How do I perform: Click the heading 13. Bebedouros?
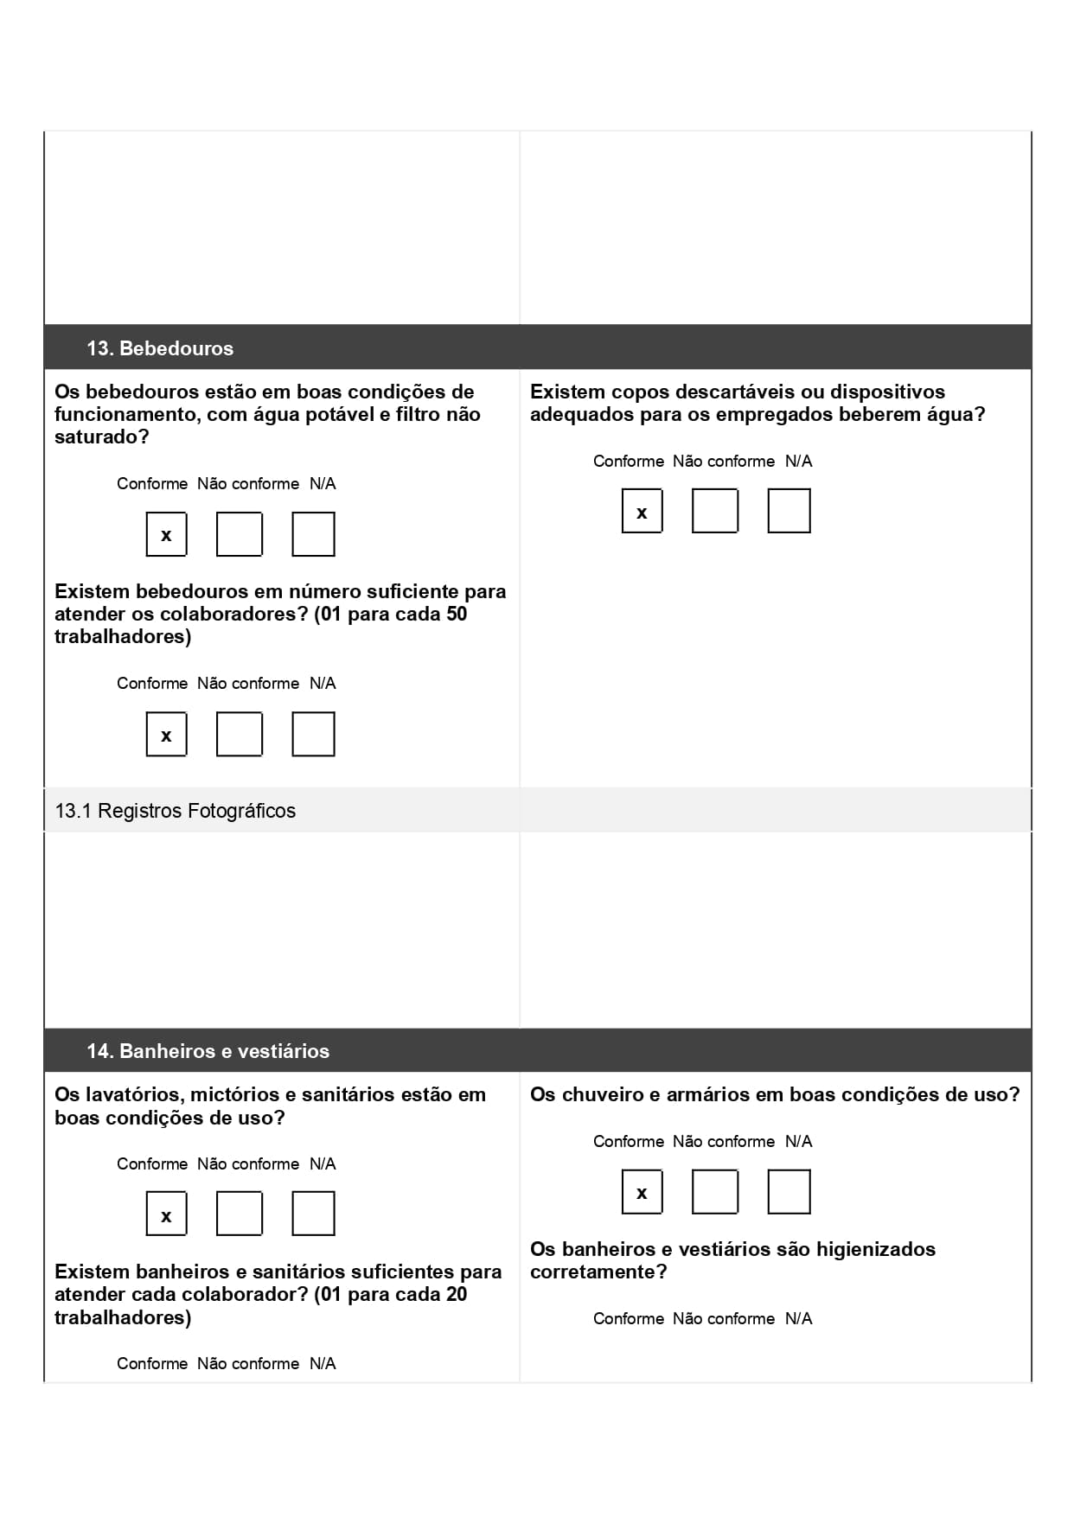(x=160, y=348)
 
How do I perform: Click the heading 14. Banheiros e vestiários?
(x=208, y=1051)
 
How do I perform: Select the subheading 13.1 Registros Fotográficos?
(x=176, y=811)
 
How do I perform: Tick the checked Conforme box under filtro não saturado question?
(x=166, y=535)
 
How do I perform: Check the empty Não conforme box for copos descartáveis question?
(x=714, y=511)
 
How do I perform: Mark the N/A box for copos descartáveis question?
(x=789, y=511)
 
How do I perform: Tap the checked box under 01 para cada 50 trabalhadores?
(x=166, y=735)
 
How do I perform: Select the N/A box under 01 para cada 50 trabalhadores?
(x=313, y=735)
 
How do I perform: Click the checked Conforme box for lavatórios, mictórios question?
(x=166, y=1214)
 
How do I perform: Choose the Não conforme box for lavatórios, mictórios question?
(x=240, y=1214)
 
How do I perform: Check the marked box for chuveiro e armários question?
(x=642, y=1192)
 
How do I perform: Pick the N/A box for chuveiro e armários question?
(x=789, y=1192)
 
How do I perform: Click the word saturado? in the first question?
(x=102, y=437)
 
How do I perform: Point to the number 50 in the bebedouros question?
(x=456, y=615)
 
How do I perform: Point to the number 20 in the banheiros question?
(x=456, y=1295)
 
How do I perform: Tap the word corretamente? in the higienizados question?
(x=598, y=1272)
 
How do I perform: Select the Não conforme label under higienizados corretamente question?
(x=724, y=1319)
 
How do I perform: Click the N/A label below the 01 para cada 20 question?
(x=323, y=1364)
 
